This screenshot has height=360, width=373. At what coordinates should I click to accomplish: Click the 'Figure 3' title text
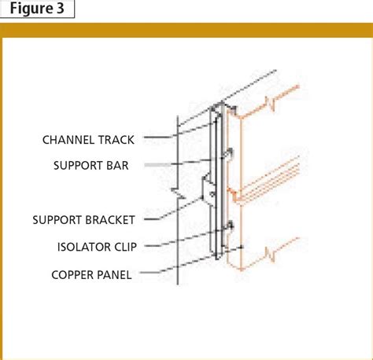[x=37, y=9]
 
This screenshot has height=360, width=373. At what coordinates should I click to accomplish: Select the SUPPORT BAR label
[x=90, y=166]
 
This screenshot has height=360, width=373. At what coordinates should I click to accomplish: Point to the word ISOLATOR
[x=86, y=246]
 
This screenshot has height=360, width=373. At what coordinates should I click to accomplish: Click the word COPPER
[x=75, y=274]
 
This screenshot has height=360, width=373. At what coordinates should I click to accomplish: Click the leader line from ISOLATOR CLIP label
[x=181, y=244]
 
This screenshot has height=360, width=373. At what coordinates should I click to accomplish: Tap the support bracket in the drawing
[x=209, y=189]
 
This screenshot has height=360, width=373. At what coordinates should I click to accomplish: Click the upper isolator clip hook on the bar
[x=229, y=152]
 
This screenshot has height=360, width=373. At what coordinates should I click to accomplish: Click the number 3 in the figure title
[x=66, y=9]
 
